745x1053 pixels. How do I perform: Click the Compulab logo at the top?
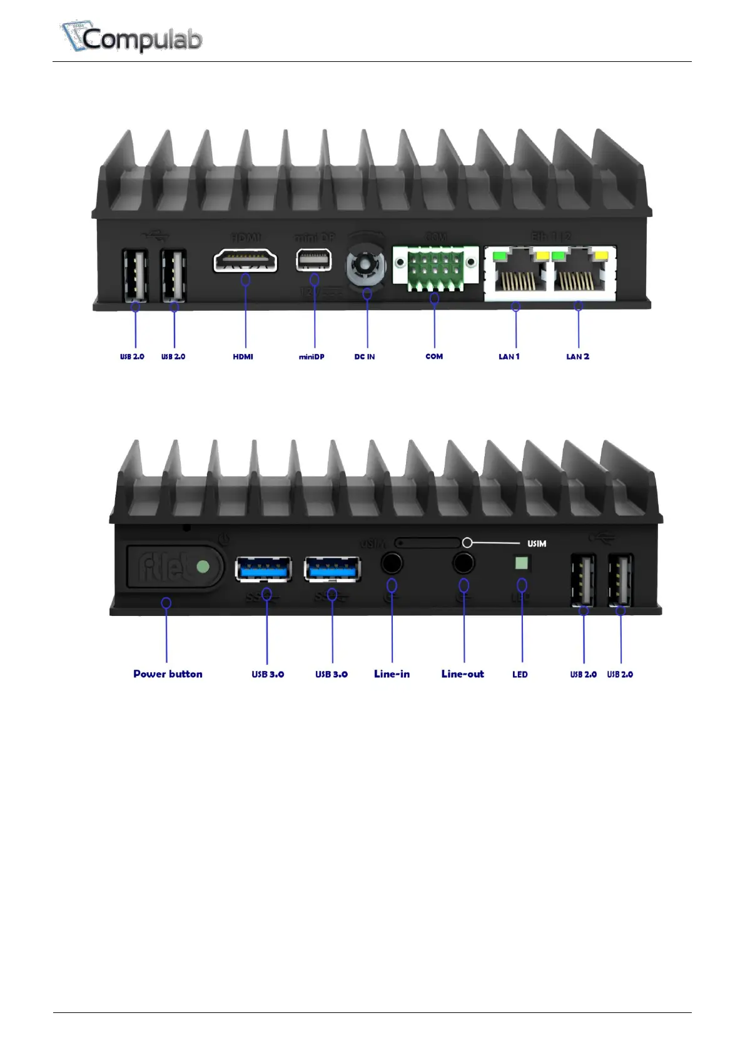tap(131, 38)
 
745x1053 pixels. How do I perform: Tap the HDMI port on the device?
tap(245, 260)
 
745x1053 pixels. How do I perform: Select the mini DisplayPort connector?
tap(314, 260)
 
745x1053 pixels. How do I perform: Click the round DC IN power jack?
tap(366, 266)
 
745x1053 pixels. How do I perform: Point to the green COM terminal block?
tap(434, 268)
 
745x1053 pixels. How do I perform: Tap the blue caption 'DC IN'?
tap(365, 356)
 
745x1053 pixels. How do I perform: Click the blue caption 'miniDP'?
tap(312, 356)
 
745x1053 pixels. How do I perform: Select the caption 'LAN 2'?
tap(577, 356)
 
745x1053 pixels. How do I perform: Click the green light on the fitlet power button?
tap(203, 567)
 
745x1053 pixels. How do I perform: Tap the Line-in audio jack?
tap(392, 563)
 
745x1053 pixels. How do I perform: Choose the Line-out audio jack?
tap(464, 563)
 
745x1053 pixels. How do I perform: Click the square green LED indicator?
tap(521, 563)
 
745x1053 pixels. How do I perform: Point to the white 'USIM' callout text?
tap(537, 543)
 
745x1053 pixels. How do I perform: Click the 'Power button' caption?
tap(168, 673)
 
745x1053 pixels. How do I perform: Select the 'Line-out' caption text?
tap(462, 673)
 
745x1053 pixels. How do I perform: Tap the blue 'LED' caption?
tap(520, 674)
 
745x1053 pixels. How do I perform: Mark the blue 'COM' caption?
tap(434, 356)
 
